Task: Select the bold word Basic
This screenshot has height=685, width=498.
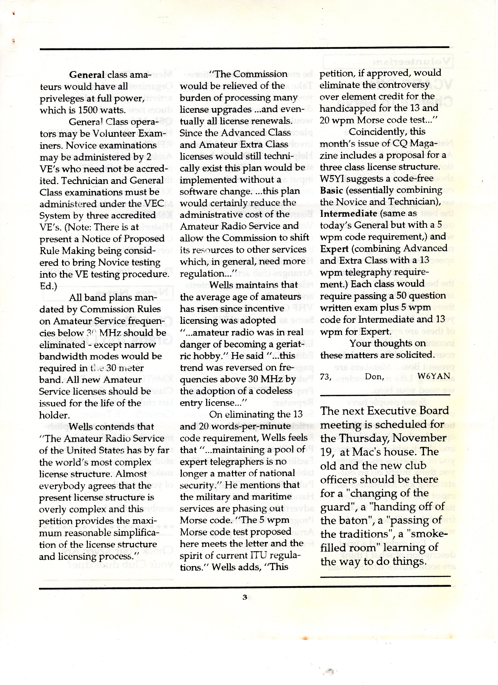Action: click(331, 191)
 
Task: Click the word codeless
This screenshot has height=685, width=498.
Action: click(273, 391)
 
